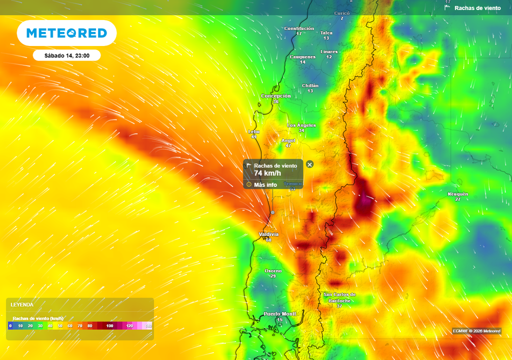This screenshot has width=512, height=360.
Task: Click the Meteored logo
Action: click(66, 33)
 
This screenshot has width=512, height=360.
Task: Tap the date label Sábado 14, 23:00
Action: click(66, 55)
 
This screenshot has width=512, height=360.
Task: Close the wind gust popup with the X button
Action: click(309, 164)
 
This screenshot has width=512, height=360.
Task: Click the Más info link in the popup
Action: click(265, 184)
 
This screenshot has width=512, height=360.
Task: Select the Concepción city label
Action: click(275, 95)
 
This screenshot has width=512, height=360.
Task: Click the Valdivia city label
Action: click(268, 234)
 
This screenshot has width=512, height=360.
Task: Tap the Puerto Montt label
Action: click(280, 313)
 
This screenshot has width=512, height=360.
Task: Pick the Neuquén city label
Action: click(457, 194)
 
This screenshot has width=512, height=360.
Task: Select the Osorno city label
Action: click(273, 270)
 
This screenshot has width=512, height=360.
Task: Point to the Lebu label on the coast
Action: click(254, 131)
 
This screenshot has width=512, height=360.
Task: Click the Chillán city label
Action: click(310, 85)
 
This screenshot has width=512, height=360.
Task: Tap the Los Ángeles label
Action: click(301, 124)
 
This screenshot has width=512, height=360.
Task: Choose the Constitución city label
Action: click(299, 28)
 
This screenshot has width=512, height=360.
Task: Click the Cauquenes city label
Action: click(302, 56)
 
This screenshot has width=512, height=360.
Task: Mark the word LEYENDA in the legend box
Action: click(22, 304)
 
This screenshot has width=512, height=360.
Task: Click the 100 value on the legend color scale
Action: click(109, 325)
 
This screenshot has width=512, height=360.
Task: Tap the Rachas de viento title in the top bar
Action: click(477, 8)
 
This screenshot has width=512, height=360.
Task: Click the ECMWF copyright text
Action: click(476, 331)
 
